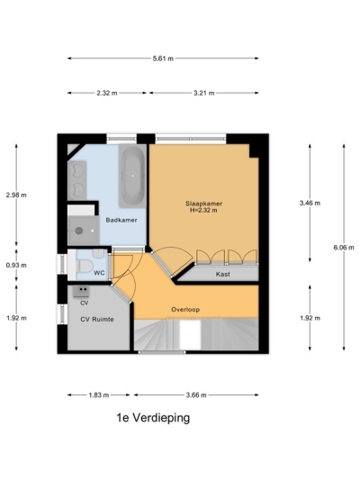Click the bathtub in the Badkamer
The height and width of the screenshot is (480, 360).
coord(132,175)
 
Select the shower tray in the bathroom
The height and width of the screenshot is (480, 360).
coord(83,229)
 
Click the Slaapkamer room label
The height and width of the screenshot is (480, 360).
coord(205,204)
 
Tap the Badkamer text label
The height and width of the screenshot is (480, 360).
coord(120,220)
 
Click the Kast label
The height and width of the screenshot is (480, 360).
coord(221,272)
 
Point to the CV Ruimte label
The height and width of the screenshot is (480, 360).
coord(96,319)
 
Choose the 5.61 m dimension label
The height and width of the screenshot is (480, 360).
coord(163,59)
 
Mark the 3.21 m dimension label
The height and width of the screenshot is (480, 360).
coord(204,93)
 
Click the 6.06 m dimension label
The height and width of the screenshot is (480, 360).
coord(344,246)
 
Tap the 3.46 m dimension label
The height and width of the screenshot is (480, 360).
coord(310,204)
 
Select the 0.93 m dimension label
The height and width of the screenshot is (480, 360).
coord(16,265)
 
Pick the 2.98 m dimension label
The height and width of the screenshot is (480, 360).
coord(16,195)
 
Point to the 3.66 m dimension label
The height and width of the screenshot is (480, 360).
coord(196,394)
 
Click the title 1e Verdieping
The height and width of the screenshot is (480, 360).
coord(153,419)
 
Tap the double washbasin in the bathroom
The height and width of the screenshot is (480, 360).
coord(78,178)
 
